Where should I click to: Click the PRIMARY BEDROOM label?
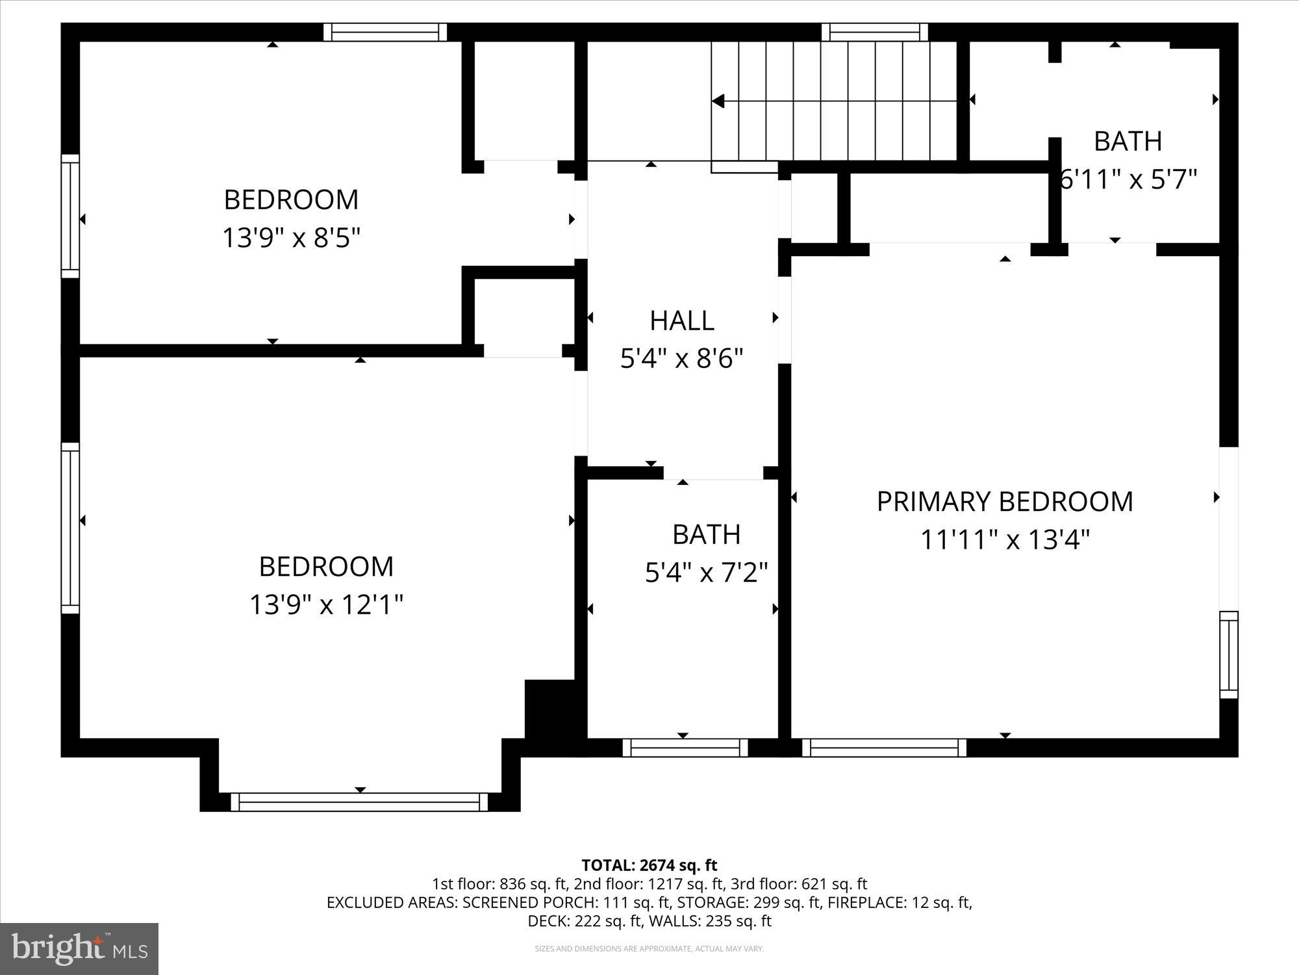click(1004, 502)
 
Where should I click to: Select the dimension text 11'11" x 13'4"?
click(1004, 540)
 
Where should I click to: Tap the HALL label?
click(681, 320)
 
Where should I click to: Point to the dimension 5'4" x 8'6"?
click(681, 359)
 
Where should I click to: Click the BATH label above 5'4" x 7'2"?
click(706, 534)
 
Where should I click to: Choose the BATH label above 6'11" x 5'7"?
click(1128, 141)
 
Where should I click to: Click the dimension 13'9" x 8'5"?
click(291, 238)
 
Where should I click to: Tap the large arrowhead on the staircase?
click(718, 101)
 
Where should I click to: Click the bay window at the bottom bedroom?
click(360, 801)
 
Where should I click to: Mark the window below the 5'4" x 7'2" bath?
click(685, 747)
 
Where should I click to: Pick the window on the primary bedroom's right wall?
click(1228, 655)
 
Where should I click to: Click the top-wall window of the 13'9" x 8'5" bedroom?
click(385, 32)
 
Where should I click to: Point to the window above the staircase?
click(875, 32)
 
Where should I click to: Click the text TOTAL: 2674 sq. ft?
click(649, 865)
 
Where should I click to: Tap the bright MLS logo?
click(79, 949)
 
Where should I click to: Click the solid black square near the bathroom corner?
click(549, 708)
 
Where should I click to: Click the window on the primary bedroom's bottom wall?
click(884, 747)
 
